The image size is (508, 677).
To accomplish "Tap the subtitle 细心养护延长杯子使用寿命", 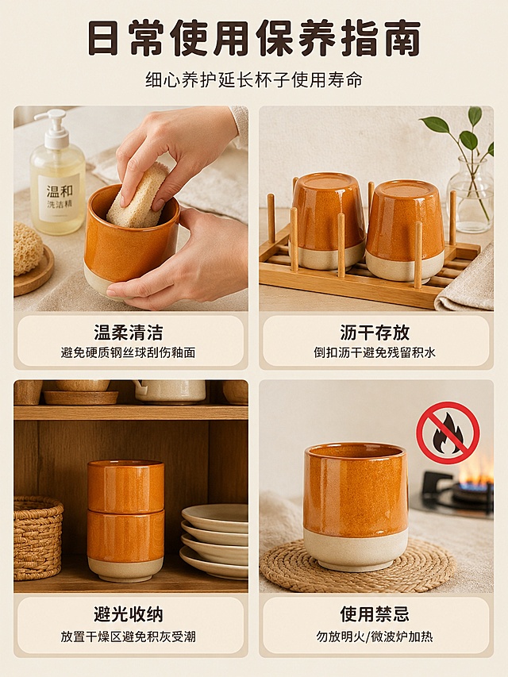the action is (x=254, y=80).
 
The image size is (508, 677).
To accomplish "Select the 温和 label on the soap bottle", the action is (x=60, y=190).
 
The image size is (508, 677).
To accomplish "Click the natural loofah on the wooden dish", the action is (x=27, y=248).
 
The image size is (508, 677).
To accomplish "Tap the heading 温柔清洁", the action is (x=129, y=333).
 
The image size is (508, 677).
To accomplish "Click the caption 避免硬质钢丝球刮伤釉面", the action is (x=129, y=352).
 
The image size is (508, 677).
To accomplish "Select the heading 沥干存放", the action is (x=375, y=333).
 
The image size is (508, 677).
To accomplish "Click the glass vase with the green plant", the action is (x=470, y=194).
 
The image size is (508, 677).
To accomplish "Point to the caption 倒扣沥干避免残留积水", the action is (x=375, y=352).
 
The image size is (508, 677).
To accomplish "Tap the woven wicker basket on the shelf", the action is (x=37, y=537).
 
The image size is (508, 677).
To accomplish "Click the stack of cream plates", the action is (x=214, y=540).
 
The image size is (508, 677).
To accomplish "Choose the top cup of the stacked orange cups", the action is (x=125, y=487).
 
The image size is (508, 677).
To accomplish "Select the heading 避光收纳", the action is (x=129, y=614).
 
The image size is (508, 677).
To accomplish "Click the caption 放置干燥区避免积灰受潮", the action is (x=129, y=637).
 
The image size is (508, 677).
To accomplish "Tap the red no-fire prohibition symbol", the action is (x=448, y=433).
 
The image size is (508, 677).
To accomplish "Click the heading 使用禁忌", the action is (x=375, y=614).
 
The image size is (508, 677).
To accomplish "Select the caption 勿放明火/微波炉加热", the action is (x=375, y=637).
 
